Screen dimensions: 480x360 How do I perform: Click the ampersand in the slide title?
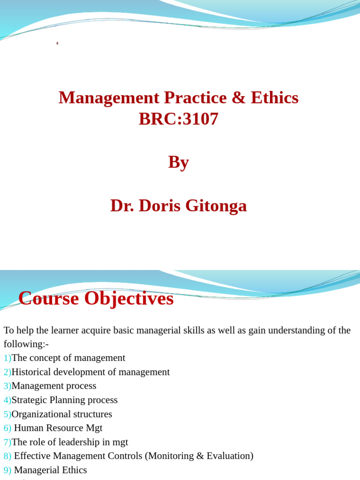click(239, 97)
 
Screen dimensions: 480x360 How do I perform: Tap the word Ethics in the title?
click(275, 97)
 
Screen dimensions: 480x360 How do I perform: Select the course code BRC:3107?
click(179, 119)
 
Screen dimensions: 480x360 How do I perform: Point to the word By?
click(179, 163)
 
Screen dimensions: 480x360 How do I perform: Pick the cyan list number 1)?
click(7, 358)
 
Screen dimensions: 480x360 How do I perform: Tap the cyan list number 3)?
click(7, 386)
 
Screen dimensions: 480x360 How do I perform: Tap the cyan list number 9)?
click(7, 470)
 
